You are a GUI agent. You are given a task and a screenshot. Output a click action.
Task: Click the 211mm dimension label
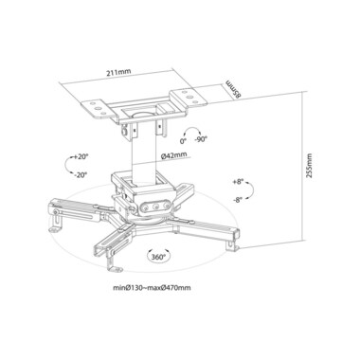tap(117, 72)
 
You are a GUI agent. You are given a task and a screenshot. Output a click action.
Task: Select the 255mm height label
tap(309, 166)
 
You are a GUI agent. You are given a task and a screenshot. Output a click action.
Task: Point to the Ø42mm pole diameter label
tap(173, 155)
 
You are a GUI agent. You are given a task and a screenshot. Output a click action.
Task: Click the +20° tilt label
tap(81, 156)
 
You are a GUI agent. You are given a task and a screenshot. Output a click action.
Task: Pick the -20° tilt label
tap(81, 174)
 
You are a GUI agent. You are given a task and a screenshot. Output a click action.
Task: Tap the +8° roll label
tap(238, 182)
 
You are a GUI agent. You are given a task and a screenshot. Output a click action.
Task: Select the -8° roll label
tap(237, 199)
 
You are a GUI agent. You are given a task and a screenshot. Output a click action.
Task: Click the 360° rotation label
tap(158, 257)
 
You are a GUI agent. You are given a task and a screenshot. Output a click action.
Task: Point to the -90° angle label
tap(201, 139)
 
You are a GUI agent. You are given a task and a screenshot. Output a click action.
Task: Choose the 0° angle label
tap(184, 141)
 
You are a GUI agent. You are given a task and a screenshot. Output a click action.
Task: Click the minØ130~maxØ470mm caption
tap(152, 288)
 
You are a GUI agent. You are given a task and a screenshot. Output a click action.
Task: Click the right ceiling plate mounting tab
tap(189, 97)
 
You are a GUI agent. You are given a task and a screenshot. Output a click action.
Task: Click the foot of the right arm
tap(231, 245)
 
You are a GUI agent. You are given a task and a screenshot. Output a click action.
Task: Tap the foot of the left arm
tap(56, 226)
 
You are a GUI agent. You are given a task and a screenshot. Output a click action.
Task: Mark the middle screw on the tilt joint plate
tap(155, 207)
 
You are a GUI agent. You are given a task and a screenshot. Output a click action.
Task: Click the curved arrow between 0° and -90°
tap(192, 130)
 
